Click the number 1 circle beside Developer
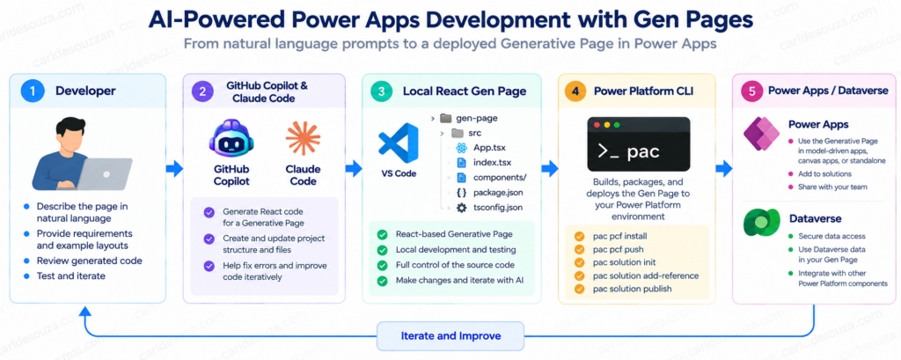[x=33, y=91]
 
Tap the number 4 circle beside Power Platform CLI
[x=575, y=91]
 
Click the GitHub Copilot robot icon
[x=231, y=140]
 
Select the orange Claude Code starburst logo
[x=303, y=139]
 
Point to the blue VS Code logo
[x=399, y=143]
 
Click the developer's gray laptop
[x=105, y=173]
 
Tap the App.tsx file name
[x=489, y=147]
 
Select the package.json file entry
[x=498, y=192]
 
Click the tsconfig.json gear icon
[x=461, y=208]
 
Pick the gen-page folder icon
[x=445, y=118]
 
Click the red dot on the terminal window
[x=597, y=124]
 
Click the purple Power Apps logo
[x=761, y=133]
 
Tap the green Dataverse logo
[x=760, y=223]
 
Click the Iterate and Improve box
[x=450, y=336]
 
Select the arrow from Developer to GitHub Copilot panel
[x=175, y=168]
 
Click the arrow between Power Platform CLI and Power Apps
[x=724, y=168]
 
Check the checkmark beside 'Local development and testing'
[x=382, y=250]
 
